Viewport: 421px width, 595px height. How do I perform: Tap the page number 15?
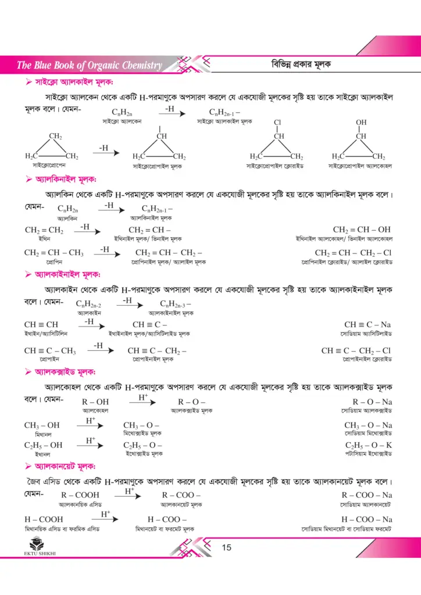click(x=227, y=547)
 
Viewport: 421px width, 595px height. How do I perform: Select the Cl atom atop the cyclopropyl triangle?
click(x=278, y=123)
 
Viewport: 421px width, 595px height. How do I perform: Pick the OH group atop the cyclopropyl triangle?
click(x=361, y=123)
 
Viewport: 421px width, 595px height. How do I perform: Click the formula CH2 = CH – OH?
click(x=362, y=230)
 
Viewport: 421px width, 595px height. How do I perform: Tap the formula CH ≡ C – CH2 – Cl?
click(x=356, y=350)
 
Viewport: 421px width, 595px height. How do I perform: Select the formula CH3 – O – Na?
click(x=368, y=425)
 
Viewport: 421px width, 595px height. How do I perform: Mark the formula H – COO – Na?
click(x=366, y=519)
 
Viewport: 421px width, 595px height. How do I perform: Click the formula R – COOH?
click(x=80, y=494)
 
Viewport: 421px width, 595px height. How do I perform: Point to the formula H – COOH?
click(x=44, y=519)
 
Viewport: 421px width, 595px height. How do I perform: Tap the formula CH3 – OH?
click(x=42, y=425)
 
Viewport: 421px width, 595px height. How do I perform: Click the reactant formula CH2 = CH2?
click(x=44, y=230)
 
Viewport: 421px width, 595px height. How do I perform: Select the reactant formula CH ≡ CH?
click(x=41, y=325)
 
